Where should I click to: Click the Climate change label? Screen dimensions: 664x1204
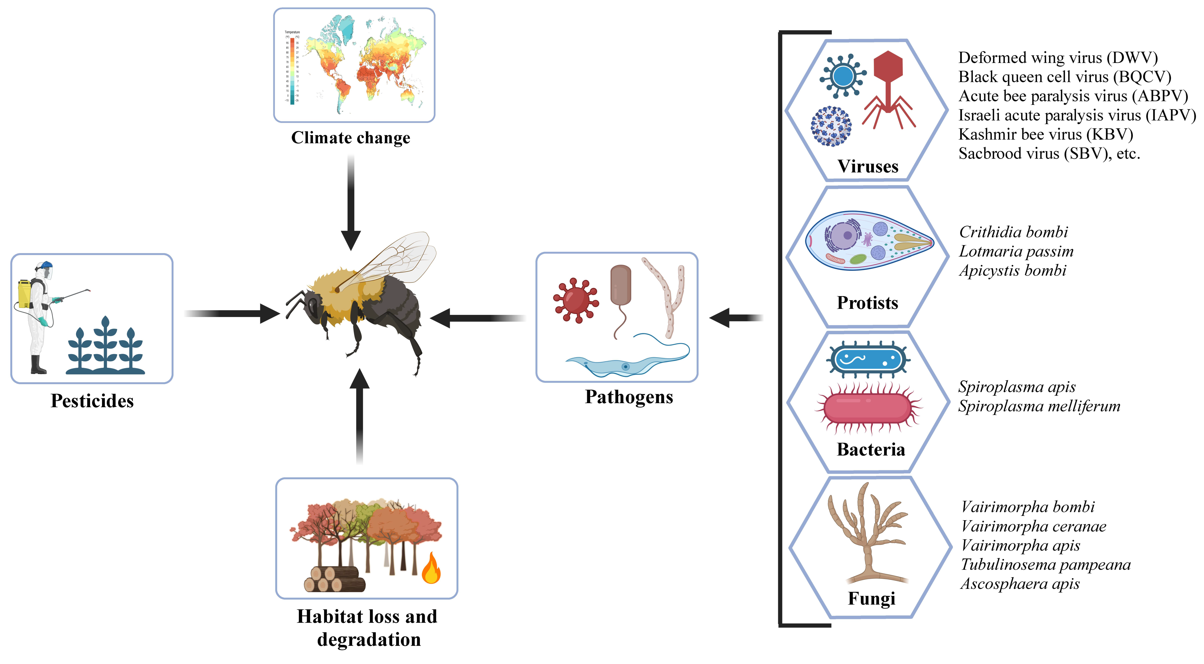[x=351, y=138]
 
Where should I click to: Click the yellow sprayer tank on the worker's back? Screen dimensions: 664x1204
[x=24, y=294]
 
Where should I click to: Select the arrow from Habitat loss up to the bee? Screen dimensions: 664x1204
[x=359, y=416]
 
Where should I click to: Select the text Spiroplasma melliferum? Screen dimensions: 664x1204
[x=1039, y=406]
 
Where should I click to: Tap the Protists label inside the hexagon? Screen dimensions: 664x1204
[x=867, y=303]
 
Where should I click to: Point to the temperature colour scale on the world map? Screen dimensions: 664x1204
[x=292, y=70]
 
